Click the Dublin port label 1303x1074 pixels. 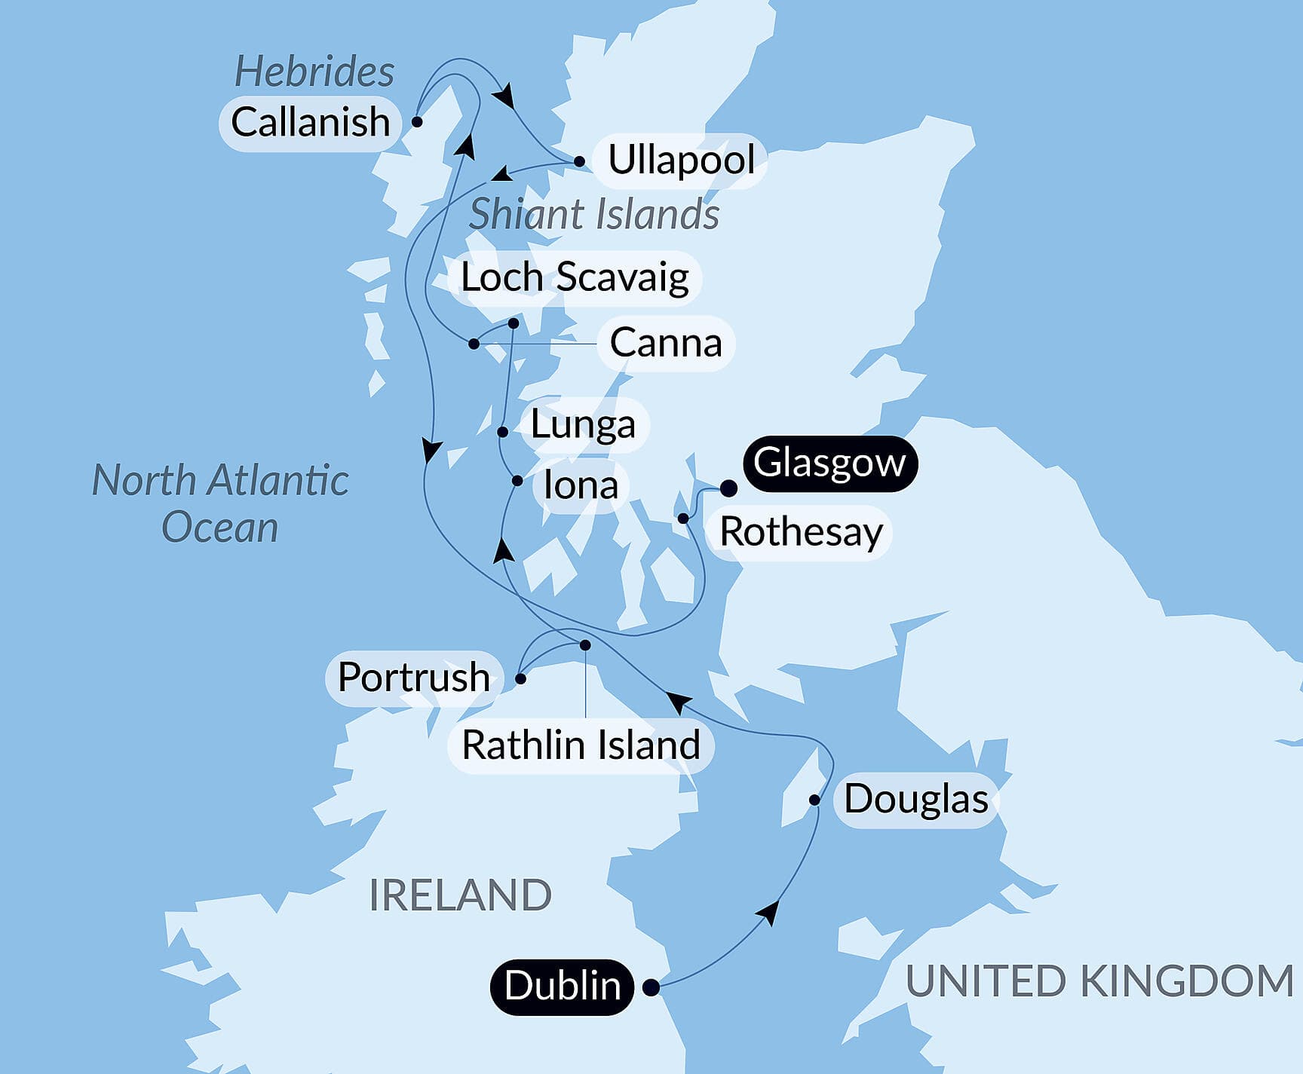(x=563, y=986)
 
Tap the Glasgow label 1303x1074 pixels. (x=829, y=463)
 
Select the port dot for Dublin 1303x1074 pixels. (x=651, y=987)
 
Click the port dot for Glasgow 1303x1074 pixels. (x=728, y=488)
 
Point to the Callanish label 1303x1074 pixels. (x=310, y=122)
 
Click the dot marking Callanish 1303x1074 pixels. (x=416, y=121)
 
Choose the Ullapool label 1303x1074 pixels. (x=681, y=160)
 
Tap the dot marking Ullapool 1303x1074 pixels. (x=579, y=161)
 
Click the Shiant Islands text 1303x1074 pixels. (x=593, y=214)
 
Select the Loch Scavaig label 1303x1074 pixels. (x=575, y=277)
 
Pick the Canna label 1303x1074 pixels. (x=665, y=343)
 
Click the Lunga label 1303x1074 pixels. (x=583, y=424)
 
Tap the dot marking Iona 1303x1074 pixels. (x=517, y=481)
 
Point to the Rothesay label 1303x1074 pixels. (x=801, y=532)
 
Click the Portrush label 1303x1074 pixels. (x=413, y=677)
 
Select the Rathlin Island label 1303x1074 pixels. (x=581, y=745)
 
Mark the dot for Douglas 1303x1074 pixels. (x=815, y=800)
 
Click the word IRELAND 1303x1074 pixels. (x=460, y=895)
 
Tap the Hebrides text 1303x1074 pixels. (x=314, y=72)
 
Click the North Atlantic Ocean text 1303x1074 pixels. (x=220, y=503)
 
